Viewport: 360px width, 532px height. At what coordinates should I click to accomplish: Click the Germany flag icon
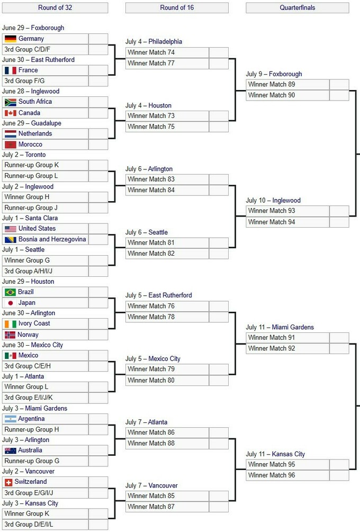[11, 39]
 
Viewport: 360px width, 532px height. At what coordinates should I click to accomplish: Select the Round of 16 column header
[177, 8]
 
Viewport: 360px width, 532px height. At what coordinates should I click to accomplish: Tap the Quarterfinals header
[297, 8]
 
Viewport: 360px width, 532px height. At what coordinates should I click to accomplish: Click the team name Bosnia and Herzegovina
[52, 239]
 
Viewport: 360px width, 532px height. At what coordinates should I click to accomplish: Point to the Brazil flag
[10, 292]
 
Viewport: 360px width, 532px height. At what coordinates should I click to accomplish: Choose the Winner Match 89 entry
[272, 85]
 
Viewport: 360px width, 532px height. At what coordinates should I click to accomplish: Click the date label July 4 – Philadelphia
[154, 42]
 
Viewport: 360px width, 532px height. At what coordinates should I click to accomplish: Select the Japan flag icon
[11, 303]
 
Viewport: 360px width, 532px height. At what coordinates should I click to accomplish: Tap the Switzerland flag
[8, 482]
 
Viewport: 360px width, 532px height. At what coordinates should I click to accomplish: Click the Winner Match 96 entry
[272, 475]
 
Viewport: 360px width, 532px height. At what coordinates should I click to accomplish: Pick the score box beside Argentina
[98, 419]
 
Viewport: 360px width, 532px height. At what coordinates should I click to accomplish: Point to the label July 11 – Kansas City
[275, 454]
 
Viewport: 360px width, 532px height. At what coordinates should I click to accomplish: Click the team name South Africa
[35, 102]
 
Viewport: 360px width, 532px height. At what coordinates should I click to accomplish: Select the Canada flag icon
[11, 113]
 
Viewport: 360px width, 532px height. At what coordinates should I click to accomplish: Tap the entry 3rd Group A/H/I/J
[28, 271]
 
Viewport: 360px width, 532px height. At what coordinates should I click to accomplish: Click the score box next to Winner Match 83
[219, 179]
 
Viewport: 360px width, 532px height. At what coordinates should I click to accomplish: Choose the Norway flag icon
[10, 335]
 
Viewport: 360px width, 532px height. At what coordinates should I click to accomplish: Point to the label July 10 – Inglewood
[273, 201]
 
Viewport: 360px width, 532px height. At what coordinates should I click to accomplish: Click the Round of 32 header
[55, 8]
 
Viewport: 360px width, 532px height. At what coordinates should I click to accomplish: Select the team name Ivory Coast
[34, 323]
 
